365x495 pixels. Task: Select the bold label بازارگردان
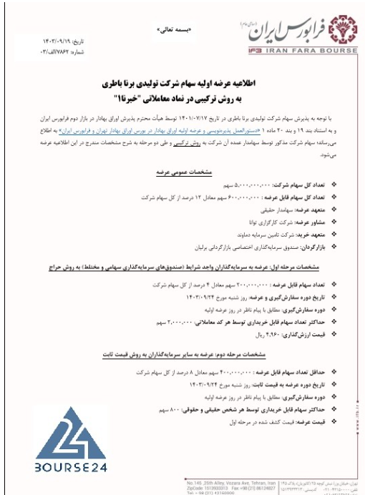(300, 245)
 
